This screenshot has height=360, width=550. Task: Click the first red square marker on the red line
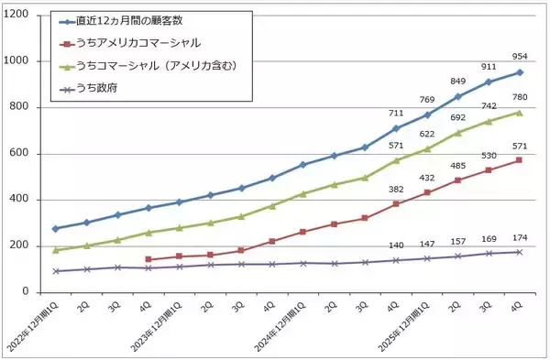[x=148, y=259]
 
